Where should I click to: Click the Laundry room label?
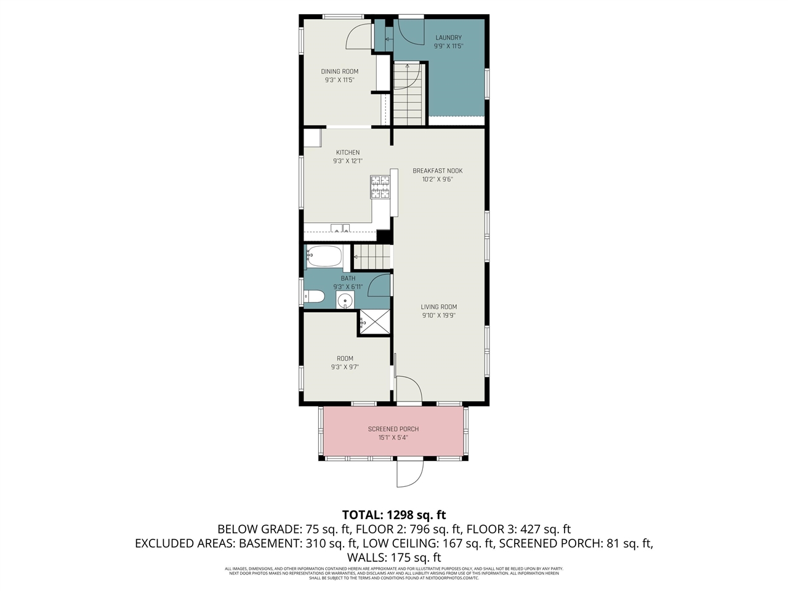[448, 38]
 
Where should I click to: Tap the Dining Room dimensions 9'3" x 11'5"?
[340, 80]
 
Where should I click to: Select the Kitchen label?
[348, 153]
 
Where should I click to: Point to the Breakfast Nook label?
[438, 171]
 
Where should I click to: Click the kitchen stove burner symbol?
[380, 187]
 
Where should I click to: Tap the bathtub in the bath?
[324, 255]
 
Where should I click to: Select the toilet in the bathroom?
[315, 297]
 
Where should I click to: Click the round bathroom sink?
[345, 300]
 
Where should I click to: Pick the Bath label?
[348, 278]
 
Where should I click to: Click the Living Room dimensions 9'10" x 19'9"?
[439, 316]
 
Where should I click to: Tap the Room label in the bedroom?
[345, 359]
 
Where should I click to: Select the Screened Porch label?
[393, 429]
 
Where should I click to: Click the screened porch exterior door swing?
[410, 473]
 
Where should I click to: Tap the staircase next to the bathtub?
[372, 257]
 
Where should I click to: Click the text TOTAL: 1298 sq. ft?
[394, 515]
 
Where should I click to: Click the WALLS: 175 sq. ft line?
[394, 557]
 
